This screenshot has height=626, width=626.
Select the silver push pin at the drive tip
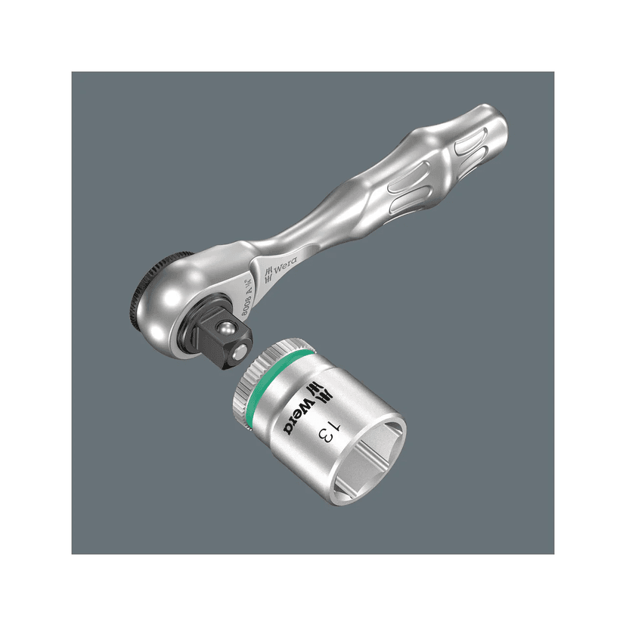241,353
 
